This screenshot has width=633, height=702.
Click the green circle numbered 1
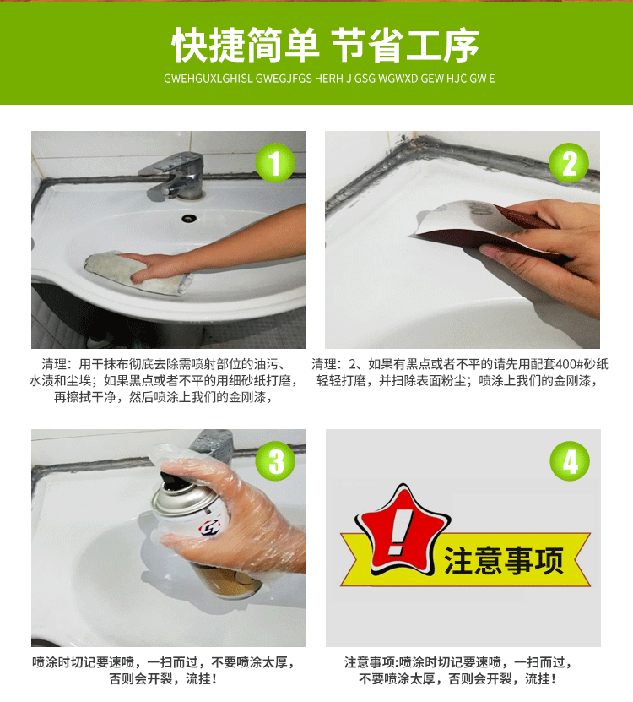[275, 163]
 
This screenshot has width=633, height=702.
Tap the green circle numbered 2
[569, 163]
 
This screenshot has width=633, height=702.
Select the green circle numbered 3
[275, 461]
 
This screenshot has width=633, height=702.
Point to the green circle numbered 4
[570, 461]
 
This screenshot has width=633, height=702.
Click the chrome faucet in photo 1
[176, 176]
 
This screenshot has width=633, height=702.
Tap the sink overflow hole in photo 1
[189, 218]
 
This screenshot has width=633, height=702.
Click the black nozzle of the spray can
[174, 481]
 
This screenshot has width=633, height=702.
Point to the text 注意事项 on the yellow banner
[503, 560]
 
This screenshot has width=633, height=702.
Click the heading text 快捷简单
[245, 45]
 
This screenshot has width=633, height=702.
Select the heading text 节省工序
[405, 45]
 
